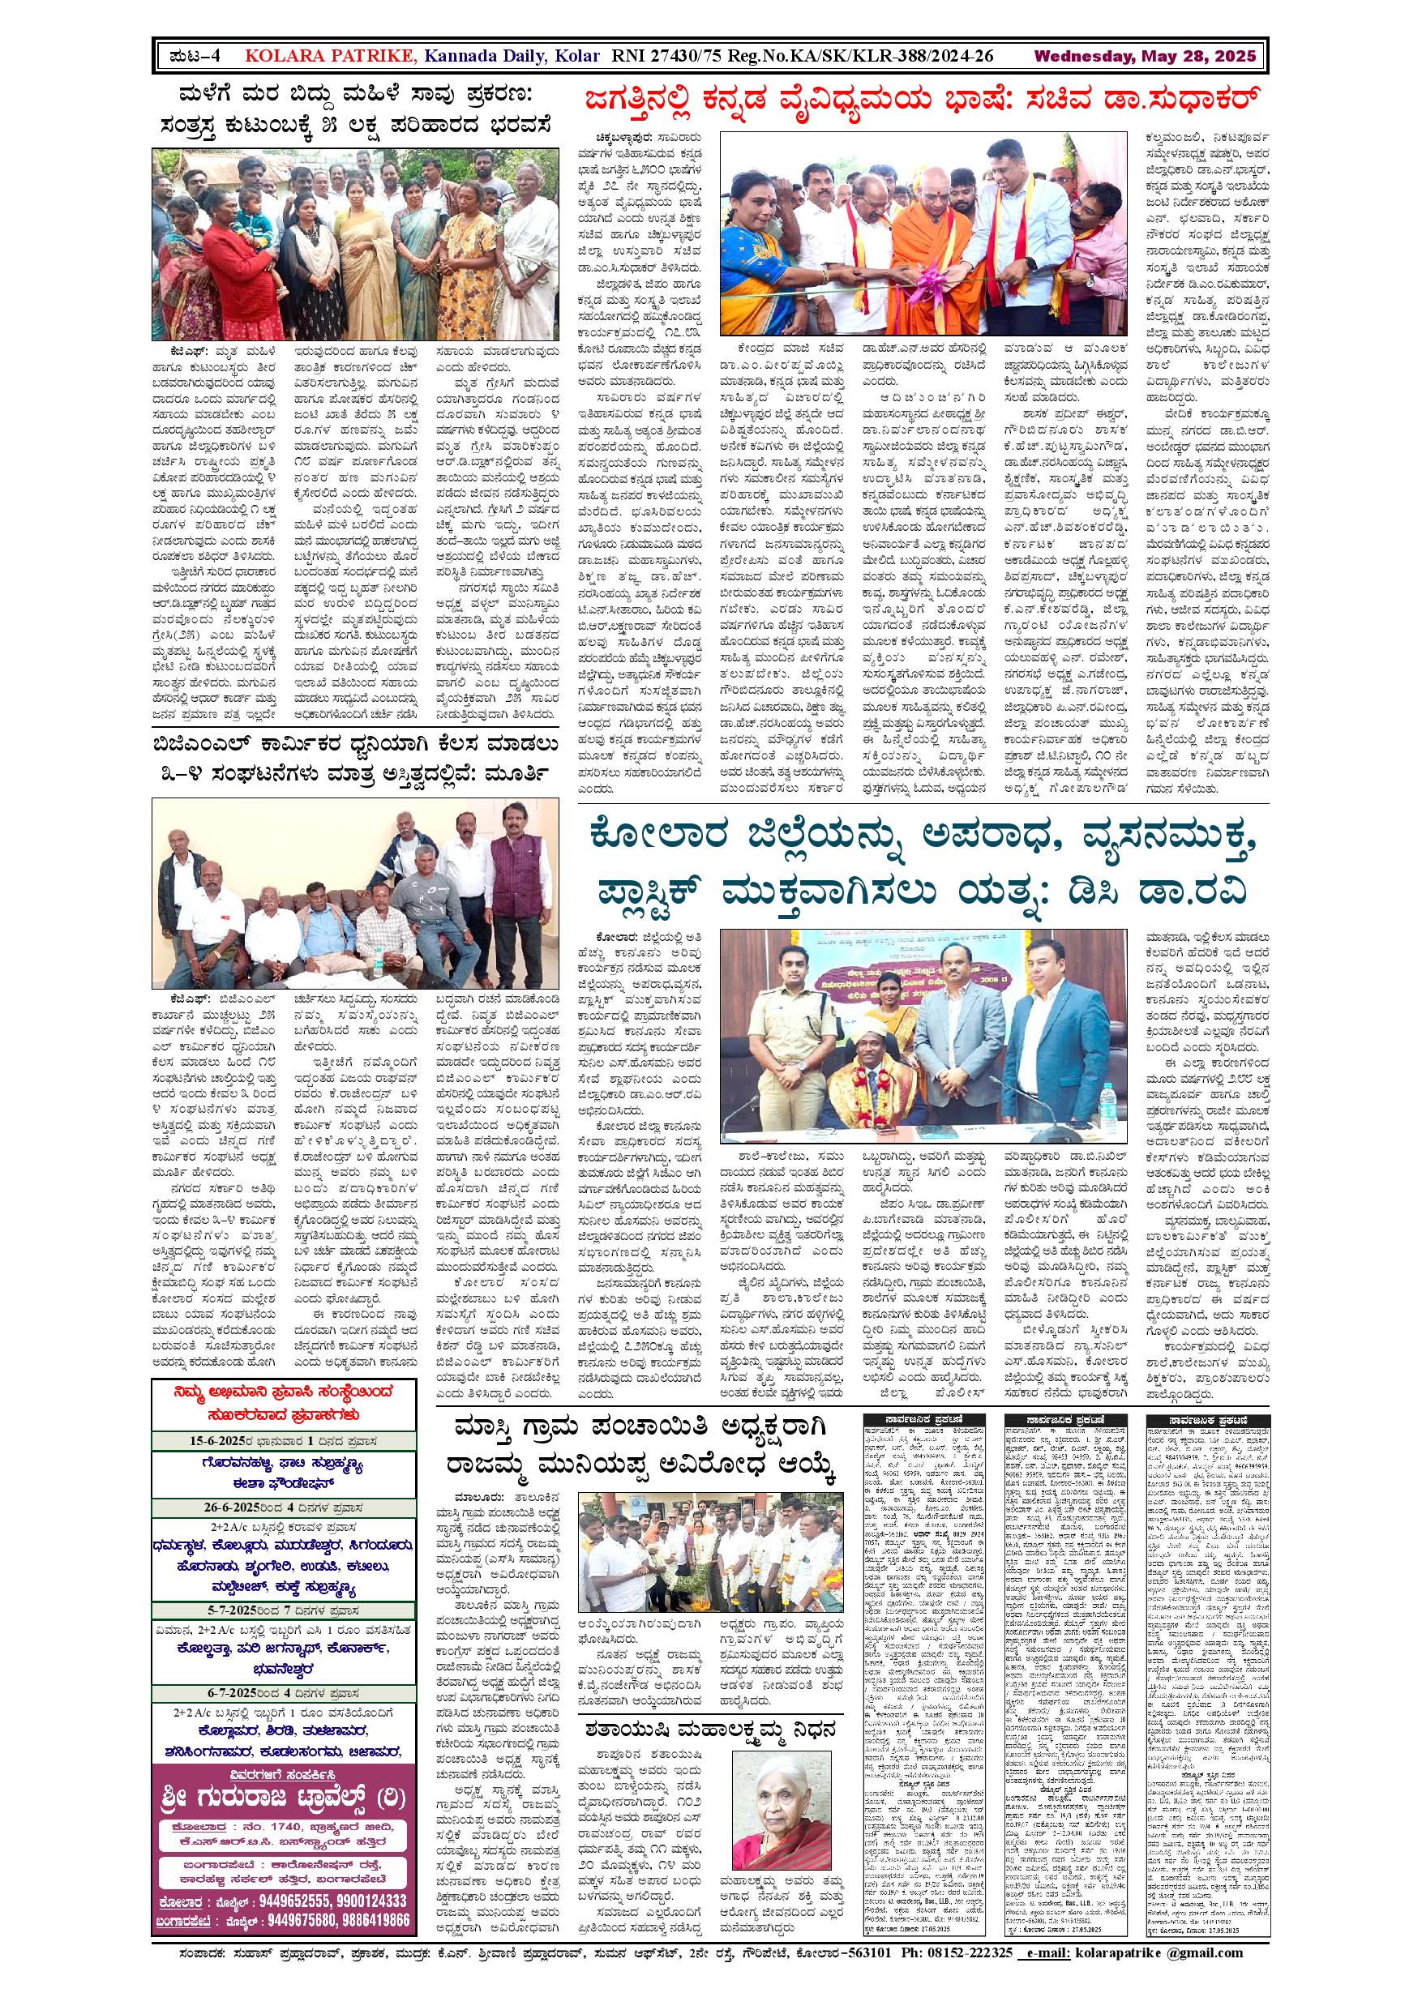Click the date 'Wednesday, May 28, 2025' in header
(1145, 57)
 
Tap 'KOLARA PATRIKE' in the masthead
(330, 57)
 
